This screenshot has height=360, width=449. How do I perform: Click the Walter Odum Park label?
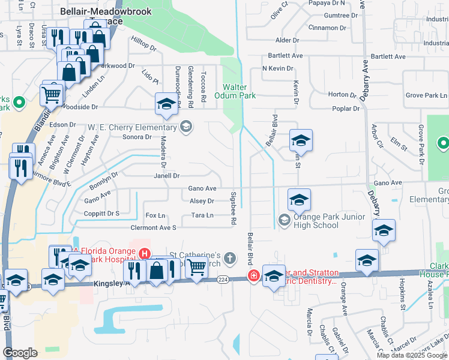(x=240, y=91)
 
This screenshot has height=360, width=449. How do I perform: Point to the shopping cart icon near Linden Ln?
(x=52, y=94)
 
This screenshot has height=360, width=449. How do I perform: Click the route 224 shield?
(x=223, y=280)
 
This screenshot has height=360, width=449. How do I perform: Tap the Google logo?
(x=20, y=353)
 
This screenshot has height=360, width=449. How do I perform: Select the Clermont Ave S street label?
(x=154, y=228)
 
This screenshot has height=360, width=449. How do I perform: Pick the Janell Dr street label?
(x=167, y=176)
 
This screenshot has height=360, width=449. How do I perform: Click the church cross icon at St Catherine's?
(x=229, y=259)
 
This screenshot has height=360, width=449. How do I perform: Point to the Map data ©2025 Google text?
(x=411, y=355)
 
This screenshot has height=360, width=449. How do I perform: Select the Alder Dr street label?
(x=287, y=40)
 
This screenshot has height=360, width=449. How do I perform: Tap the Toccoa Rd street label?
(x=203, y=88)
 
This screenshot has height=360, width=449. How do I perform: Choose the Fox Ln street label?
(x=155, y=215)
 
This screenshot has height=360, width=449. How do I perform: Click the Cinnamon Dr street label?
(x=328, y=28)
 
